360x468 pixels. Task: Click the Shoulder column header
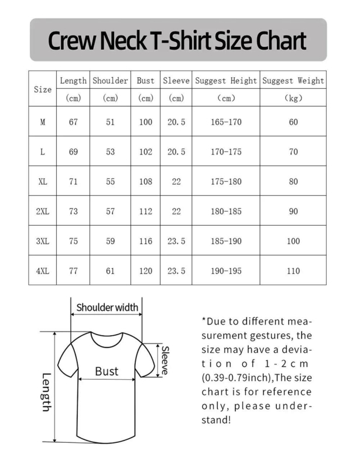tap(111, 81)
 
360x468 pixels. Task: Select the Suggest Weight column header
tap(293, 81)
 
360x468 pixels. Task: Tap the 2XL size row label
tap(42, 211)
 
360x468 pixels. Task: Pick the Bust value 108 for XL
tap(146, 181)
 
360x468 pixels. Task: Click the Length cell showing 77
tap(73, 271)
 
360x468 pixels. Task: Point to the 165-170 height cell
tap(226, 122)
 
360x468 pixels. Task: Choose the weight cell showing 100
tap(293, 241)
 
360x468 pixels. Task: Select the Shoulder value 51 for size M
tap(111, 122)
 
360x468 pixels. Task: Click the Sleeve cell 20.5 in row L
tap(176, 152)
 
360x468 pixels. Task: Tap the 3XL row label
tap(42, 241)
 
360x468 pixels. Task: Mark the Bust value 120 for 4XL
tap(146, 271)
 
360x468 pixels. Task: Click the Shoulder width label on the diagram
tap(107, 307)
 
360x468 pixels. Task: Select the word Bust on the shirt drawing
tap(107, 371)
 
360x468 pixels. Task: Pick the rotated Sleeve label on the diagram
tap(166, 358)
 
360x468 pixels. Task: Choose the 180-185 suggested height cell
tap(226, 211)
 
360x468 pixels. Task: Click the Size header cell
tap(42, 90)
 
